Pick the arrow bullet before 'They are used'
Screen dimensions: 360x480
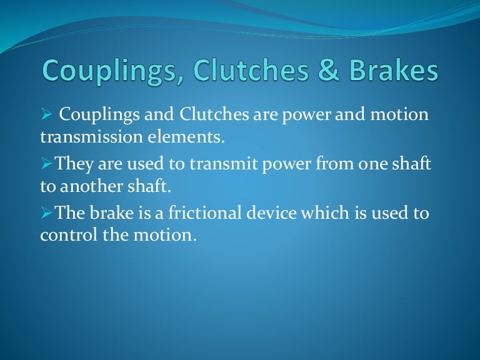(46, 164)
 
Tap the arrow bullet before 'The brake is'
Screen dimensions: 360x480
(46, 214)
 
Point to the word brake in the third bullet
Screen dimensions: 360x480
(112, 214)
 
